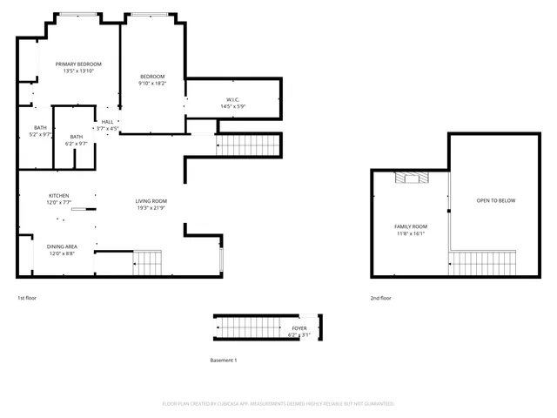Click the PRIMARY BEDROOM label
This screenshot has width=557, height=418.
click(x=78, y=64)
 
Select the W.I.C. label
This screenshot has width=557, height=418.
click(x=233, y=99)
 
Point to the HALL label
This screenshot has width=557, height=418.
click(x=107, y=121)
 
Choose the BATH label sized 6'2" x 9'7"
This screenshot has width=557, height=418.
click(x=77, y=137)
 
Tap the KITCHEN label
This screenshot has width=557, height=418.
click(x=58, y=195)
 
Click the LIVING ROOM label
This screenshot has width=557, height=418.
click(x=151, y=200)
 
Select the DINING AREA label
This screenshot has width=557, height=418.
click(x=61, y=246)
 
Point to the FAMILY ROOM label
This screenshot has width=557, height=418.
click(x=411, y=226)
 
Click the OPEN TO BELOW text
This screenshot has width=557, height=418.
click(x=495, y=201)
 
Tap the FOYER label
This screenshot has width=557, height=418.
click(x=299, y=328)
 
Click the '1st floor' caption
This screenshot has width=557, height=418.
click(x=27, y=298)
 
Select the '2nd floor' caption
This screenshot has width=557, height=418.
click(x=380, y=298)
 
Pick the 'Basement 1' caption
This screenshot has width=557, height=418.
click(x=224, y=360)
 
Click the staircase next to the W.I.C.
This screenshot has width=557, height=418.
click(x=249, y=145)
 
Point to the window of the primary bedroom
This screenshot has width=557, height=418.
click(x=78, y=14)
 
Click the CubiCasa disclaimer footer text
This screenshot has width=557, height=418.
click(x=278, y=403)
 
